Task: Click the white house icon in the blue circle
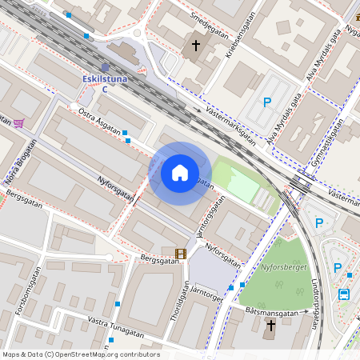[180, 173]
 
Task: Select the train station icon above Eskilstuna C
[106, 67]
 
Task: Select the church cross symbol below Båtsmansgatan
[270, 325]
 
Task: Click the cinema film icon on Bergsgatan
[180, 254]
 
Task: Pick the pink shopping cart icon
[18, 122]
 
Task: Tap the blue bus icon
[343, 294]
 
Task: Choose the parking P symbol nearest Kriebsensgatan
[267, 102]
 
